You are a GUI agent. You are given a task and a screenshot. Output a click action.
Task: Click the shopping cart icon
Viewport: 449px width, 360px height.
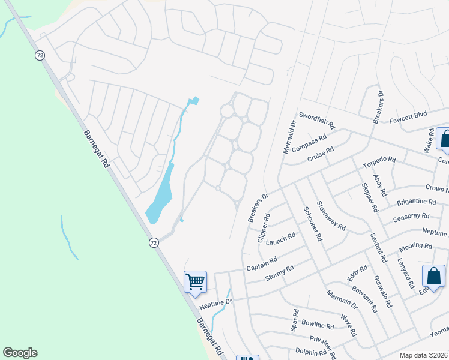coord(195,281)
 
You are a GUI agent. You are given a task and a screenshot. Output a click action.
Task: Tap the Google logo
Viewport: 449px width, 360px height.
coord(20,353)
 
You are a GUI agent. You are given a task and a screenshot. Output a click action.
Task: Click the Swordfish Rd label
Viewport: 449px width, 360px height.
coord(316,119)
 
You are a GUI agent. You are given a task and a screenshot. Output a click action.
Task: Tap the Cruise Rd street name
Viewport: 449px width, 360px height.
coord(320,155)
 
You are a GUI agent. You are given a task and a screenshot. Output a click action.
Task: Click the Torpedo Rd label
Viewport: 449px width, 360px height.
coord(379,162)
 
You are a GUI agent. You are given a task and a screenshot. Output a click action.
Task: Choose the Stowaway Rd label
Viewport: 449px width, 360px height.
coord(331,216)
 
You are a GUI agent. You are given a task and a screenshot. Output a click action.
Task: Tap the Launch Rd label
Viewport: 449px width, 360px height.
coord(281,239)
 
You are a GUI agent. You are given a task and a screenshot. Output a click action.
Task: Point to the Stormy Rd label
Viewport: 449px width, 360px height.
coord(279,273)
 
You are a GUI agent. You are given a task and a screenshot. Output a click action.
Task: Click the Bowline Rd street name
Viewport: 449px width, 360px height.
coord(318,326)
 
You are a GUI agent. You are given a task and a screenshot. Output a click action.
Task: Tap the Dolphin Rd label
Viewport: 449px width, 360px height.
coord(310,352)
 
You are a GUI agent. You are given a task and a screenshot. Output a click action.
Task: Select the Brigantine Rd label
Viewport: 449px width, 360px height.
coord(415,202)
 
